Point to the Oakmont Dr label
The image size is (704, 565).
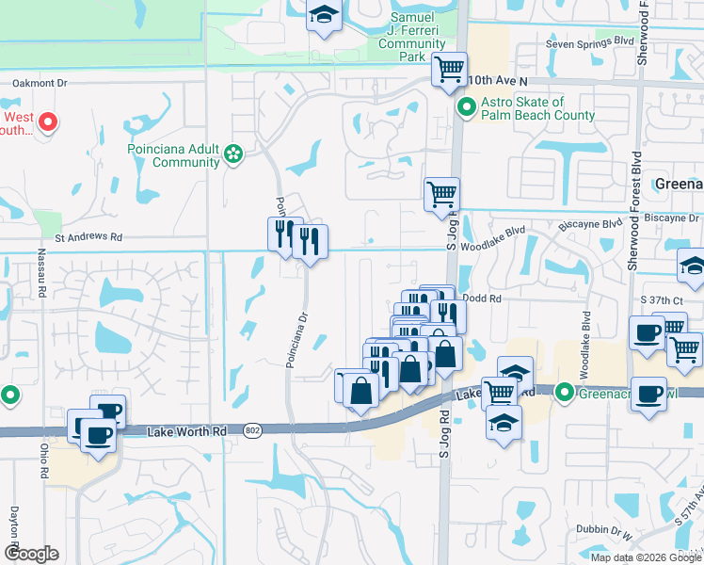(x=40, y=83)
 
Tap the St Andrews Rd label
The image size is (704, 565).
(x=89, y=238)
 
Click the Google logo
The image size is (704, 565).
(x=31, y=554)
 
